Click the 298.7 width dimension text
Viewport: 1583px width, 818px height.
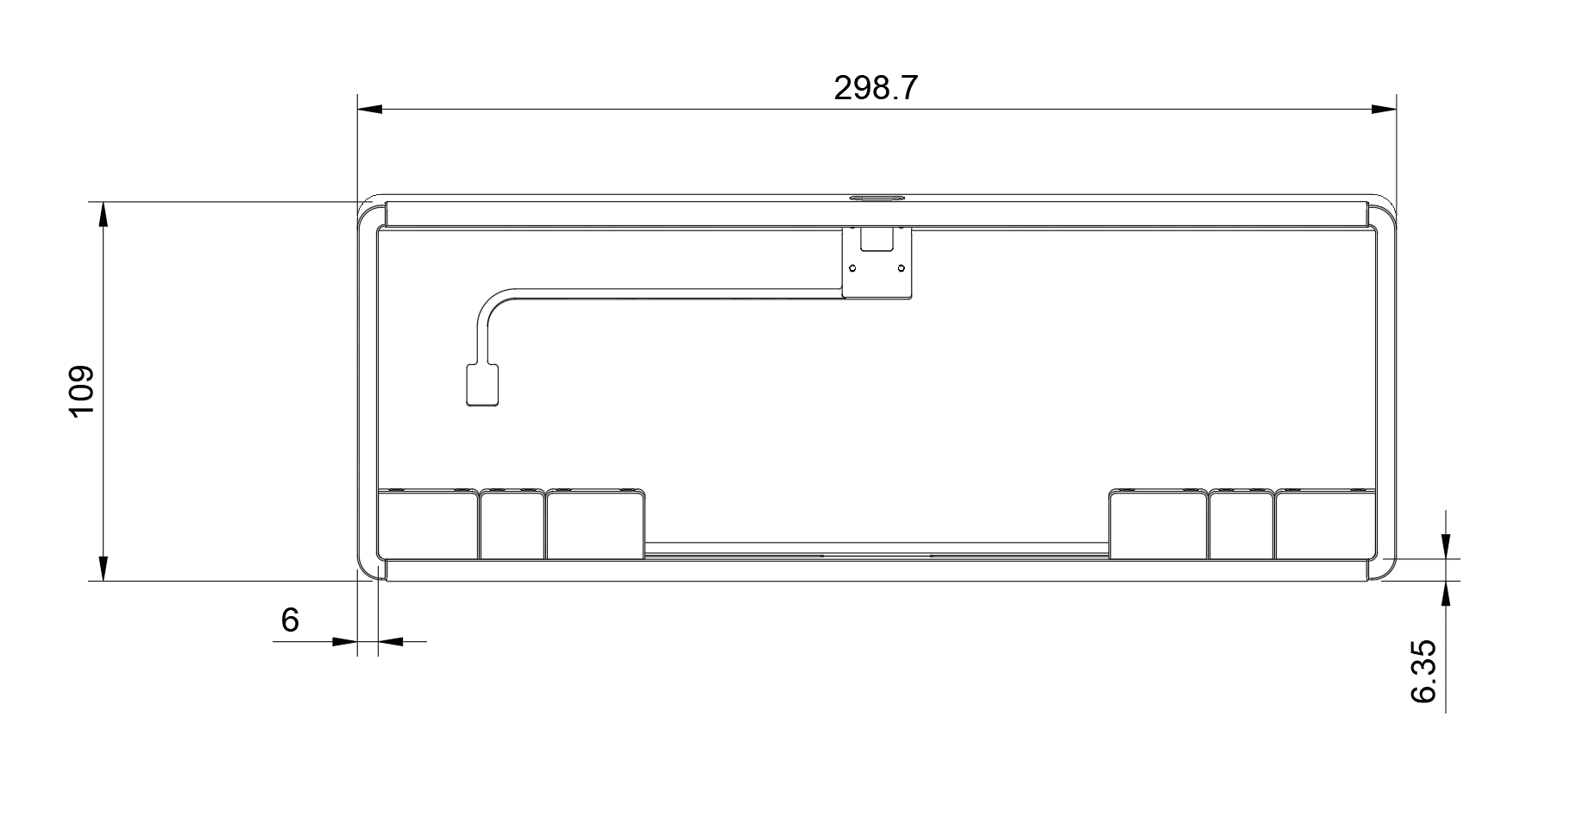876,88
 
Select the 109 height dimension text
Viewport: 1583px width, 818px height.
81,392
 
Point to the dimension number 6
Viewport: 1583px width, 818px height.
290,620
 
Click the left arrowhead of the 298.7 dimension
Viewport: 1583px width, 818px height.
370,110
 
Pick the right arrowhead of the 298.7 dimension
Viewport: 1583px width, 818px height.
1384,110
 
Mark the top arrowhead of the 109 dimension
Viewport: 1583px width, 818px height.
104,215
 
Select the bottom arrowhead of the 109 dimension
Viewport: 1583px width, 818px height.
104,568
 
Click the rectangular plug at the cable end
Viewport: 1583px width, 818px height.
482,385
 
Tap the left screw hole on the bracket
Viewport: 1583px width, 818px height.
853,267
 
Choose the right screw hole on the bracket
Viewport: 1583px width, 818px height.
901,267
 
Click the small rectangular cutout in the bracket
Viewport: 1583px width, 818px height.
877,241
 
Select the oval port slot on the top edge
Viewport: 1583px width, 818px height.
876,198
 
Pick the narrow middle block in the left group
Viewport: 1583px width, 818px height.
512,525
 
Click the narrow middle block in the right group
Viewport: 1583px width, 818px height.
1241,525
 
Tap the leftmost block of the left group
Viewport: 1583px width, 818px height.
428,525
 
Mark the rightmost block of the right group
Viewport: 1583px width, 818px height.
1325,525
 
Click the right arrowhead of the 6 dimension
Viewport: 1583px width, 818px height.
391,641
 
